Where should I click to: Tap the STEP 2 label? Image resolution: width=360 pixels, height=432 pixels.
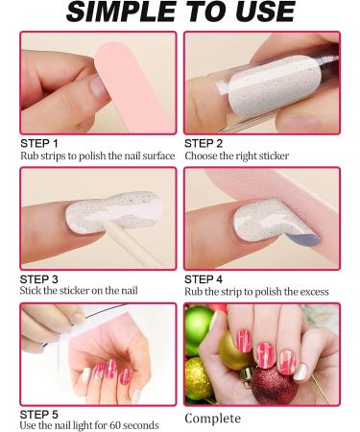pos(204,143)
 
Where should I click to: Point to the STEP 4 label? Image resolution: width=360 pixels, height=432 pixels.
pos(204,279)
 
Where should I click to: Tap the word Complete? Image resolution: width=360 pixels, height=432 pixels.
pos(212,419)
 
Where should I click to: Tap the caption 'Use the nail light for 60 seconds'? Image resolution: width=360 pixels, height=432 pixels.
pos(89,425)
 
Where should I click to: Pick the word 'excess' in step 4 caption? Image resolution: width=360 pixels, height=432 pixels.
pos(313,292)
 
